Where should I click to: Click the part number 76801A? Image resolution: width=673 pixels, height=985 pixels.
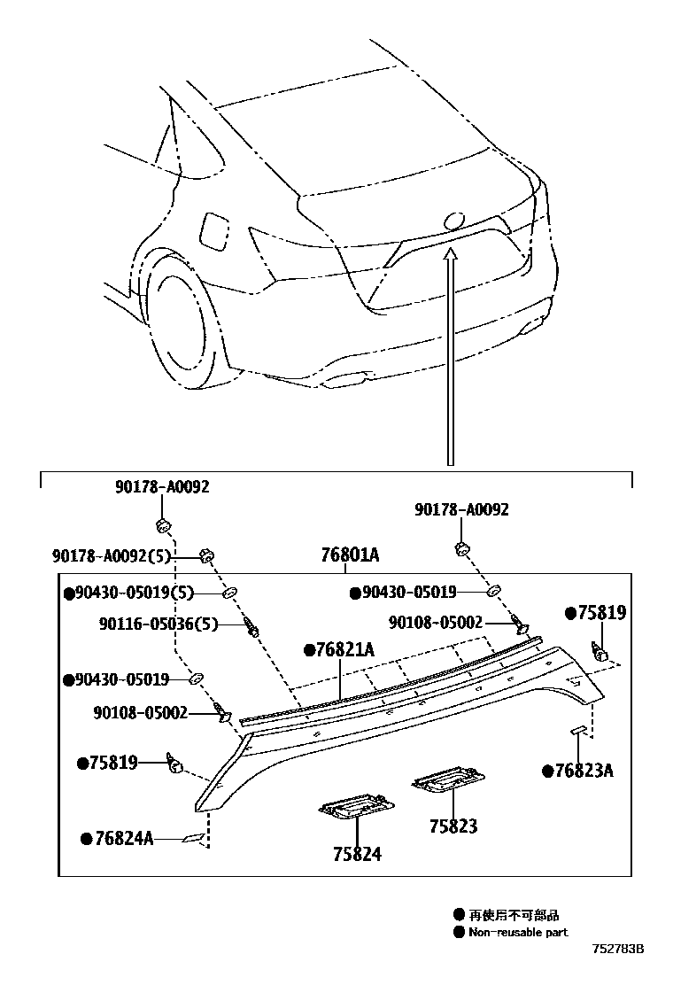point(350,555)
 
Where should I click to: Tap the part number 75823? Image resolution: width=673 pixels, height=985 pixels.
point(453,826)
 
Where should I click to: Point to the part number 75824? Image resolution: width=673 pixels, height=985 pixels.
point(357,854)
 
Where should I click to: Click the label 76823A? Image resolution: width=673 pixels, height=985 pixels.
point(584,771)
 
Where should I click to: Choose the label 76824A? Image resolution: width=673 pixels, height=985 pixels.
point(123,838)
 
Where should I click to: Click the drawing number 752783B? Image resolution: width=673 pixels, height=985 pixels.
point(618,949)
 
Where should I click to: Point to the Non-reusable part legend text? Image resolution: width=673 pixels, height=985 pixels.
point(518,932)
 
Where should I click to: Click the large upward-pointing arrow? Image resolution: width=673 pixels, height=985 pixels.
point(451,354)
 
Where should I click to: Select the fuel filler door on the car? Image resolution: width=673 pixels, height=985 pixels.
point(214,231)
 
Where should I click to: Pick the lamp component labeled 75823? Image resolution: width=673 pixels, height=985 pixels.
point(447,779)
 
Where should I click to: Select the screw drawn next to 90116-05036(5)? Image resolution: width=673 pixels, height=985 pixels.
point(254,627)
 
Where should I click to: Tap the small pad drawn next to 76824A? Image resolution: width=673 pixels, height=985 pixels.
point(192,837)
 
